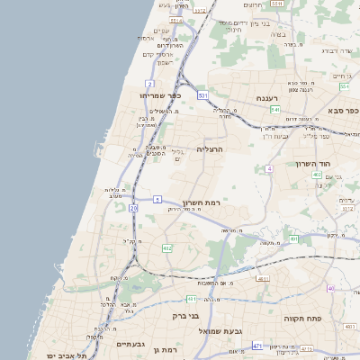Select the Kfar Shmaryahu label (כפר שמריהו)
pos(161,95)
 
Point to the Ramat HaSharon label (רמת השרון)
pos(201,203)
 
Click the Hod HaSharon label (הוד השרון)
pos(315,164)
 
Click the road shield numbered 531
pos(203,94)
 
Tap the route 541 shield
pos(274,109)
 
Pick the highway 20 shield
pos(133,208)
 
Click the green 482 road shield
pos(166,247)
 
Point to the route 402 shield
pos(317,175)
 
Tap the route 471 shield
pos(257,345)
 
